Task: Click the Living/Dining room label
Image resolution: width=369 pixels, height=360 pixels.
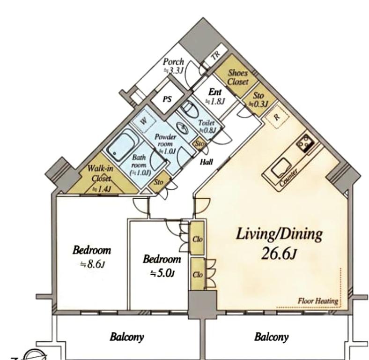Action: [279, 234]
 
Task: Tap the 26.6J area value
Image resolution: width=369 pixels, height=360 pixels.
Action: [279, 253]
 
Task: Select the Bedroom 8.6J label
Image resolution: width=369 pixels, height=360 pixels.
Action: [92, 257]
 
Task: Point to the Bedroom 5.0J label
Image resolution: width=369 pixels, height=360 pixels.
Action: [162, 266]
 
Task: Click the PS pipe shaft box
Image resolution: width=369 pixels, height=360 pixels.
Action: [168, 99]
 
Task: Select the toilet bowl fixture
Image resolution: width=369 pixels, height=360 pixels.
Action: [190, 109]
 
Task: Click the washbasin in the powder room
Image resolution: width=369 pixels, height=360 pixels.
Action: [182, 128]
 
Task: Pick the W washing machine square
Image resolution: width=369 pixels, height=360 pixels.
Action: [143, 121]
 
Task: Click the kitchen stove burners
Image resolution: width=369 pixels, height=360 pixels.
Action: [305, 143]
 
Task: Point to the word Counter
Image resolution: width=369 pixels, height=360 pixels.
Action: [289, 177]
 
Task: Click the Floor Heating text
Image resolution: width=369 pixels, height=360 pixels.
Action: [318, 301]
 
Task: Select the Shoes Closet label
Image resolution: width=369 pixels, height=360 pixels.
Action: [238, 77]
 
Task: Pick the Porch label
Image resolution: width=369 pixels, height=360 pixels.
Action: [173, 66]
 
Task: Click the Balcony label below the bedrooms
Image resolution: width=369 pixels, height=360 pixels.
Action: [126, 337]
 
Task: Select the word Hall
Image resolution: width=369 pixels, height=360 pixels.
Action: [207, 162]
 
